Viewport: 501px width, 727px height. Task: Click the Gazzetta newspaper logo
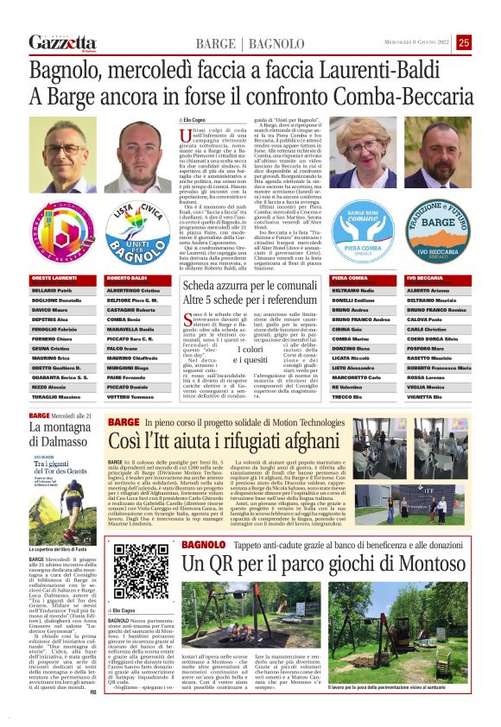[x=62, y=42]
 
